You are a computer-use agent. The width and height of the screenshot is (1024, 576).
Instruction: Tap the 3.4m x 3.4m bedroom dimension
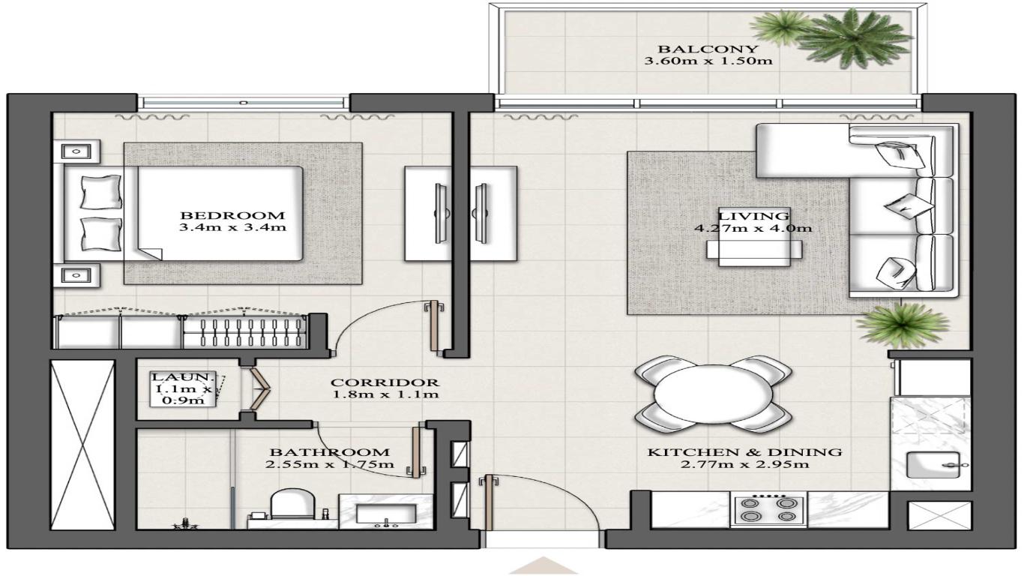click(232, 227)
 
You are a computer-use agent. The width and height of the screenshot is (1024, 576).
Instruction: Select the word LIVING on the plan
click(753, 216)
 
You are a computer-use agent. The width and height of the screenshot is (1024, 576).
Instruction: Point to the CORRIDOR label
click(385, 382)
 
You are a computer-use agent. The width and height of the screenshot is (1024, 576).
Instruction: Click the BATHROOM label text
click(329, 452)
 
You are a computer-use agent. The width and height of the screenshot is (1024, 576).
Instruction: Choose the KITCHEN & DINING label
click(744, 452)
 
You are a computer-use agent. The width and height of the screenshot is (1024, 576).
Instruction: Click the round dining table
click(712, 395)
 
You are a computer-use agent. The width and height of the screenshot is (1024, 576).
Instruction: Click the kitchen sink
click(930, 466)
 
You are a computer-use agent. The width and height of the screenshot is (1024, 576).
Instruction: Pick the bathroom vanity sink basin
click(385, 514)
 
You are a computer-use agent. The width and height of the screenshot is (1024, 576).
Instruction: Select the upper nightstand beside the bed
click(76, 152)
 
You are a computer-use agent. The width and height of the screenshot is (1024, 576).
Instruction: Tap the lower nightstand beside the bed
click(76, 275)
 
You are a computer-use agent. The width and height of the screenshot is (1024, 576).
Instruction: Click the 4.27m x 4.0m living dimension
click(753, 229)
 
